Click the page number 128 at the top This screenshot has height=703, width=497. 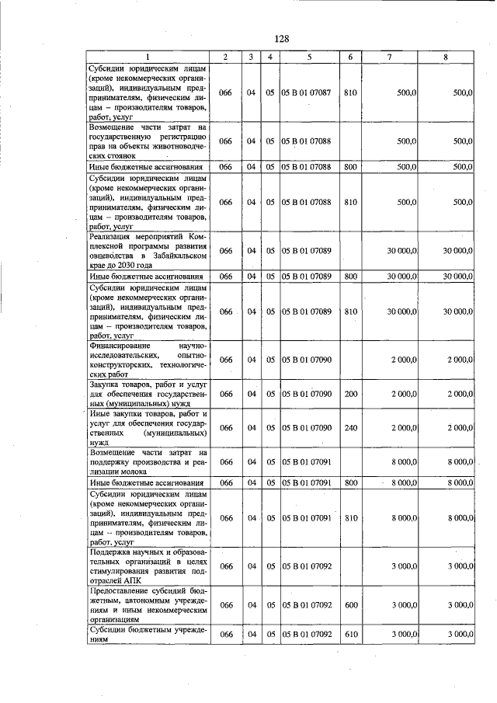281,39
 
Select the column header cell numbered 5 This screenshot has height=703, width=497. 308,57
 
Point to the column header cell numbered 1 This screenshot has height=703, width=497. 148,57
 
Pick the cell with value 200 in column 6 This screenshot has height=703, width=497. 350,394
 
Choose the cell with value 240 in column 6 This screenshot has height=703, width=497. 350,428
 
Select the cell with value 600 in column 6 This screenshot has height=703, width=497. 350,604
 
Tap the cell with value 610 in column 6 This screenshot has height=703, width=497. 350,635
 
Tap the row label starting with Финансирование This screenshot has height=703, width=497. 148,359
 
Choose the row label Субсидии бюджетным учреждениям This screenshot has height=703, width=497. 148,634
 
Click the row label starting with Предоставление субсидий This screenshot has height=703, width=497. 148,604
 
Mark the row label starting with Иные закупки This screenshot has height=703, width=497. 148,428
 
